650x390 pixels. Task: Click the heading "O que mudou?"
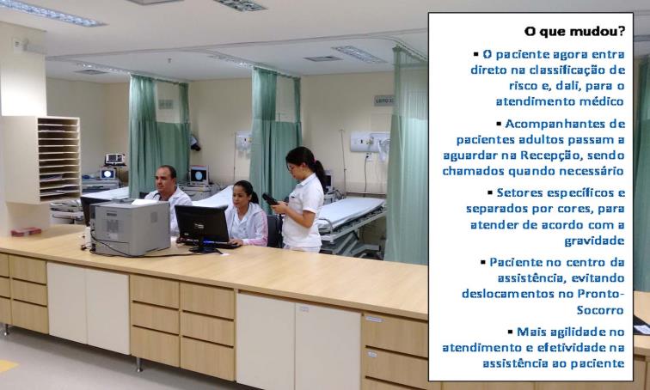click(x=574, y=32)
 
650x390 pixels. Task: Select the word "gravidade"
click(x=594, y=241)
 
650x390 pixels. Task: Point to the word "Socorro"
click(x=601, y=310)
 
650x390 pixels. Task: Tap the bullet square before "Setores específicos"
click(x=490, y=193)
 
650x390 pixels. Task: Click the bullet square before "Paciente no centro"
click(x=483, y=262)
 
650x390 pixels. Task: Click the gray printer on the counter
click(x=130, y=228)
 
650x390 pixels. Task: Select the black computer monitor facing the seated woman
click(x=202, y=225)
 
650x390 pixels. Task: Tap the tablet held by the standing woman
click(x=269, y=199)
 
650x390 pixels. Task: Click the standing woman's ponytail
click(x=320, y=173)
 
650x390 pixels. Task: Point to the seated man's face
click(x=164, y=180)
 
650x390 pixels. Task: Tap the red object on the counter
click(x=26, y=231)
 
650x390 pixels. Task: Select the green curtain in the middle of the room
click(x=275, y=137)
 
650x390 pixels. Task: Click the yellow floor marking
click(x=7, y=366)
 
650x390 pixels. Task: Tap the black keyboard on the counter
click(x=216, y=244)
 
